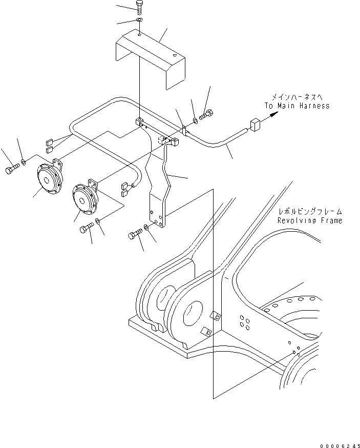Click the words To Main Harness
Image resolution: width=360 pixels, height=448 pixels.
(x=297, y=106)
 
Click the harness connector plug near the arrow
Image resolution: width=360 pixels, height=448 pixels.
(x=255, y=124)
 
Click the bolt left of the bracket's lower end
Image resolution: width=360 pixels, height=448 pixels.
(x=134, y=235)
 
